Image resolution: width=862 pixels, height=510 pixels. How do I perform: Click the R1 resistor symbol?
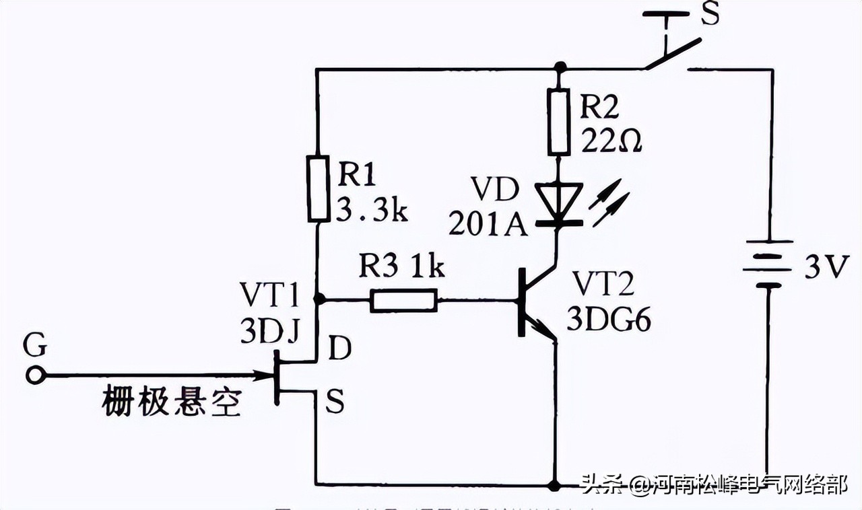click(319, 188)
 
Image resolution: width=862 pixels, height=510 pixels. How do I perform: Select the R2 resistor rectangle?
click(558, 122)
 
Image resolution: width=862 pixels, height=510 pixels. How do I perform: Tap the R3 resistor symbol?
click(403, 299)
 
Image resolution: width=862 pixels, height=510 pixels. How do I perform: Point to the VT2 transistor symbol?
click(532, 303)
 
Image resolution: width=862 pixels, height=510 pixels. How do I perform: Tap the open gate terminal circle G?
click(35, 375)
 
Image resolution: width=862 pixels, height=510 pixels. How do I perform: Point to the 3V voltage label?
click(824, 267)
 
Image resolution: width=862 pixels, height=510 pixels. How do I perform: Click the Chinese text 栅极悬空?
click(171, 403)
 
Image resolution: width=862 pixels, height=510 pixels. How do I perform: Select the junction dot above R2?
click(558, 68)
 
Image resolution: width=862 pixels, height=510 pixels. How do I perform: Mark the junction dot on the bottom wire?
click(555, 484)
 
